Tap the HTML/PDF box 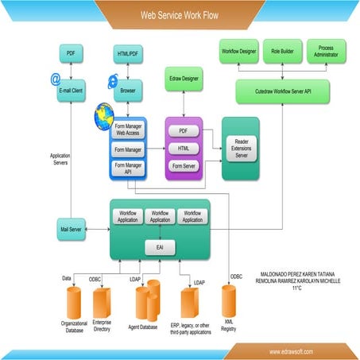(x=126, y=53)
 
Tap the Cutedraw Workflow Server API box (x=281, y=91)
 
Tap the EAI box (x=159, y=248)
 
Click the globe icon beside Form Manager (x=104, y=117)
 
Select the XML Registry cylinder (x=229, y=302)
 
